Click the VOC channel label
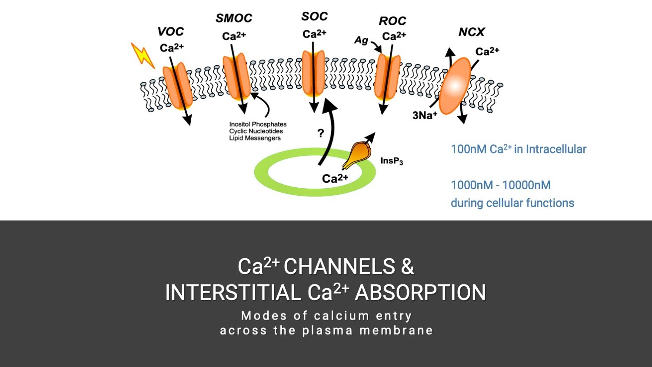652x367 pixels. tap(170, 31)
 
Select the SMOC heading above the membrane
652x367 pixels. tap(234, 18)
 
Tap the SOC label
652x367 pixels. tap(314, 17)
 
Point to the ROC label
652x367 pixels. tap(393, 21)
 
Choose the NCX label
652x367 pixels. tap(472, 32)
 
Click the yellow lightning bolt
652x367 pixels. tap(143, 55)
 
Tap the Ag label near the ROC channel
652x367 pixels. tap(361, 40)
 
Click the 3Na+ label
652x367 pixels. tap(425, 115)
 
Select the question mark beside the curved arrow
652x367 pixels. tap(320, 133)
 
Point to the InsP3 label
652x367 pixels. tap(392, 161)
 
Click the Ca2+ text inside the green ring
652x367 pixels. tap(335, 178)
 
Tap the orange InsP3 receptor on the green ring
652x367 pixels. tap(356, 155)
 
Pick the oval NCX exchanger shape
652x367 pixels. tap(454, 86)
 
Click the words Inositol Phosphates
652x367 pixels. tap(258, 124)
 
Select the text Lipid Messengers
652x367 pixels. tap(255, 138)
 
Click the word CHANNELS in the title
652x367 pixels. tap(339, 266)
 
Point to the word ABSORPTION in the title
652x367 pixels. tap(421, 293)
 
